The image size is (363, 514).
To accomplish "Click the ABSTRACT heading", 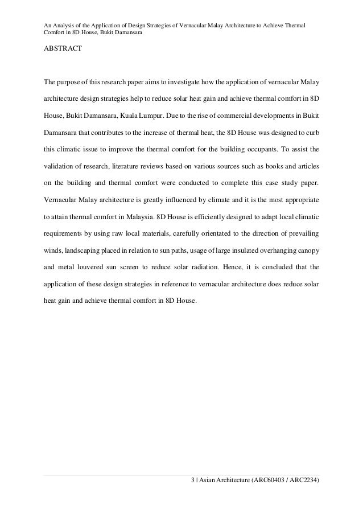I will click(x=63, y=50).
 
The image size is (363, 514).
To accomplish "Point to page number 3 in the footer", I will click(x=193, y=481).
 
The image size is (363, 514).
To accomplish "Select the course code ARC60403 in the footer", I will click(x=272, y=481).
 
